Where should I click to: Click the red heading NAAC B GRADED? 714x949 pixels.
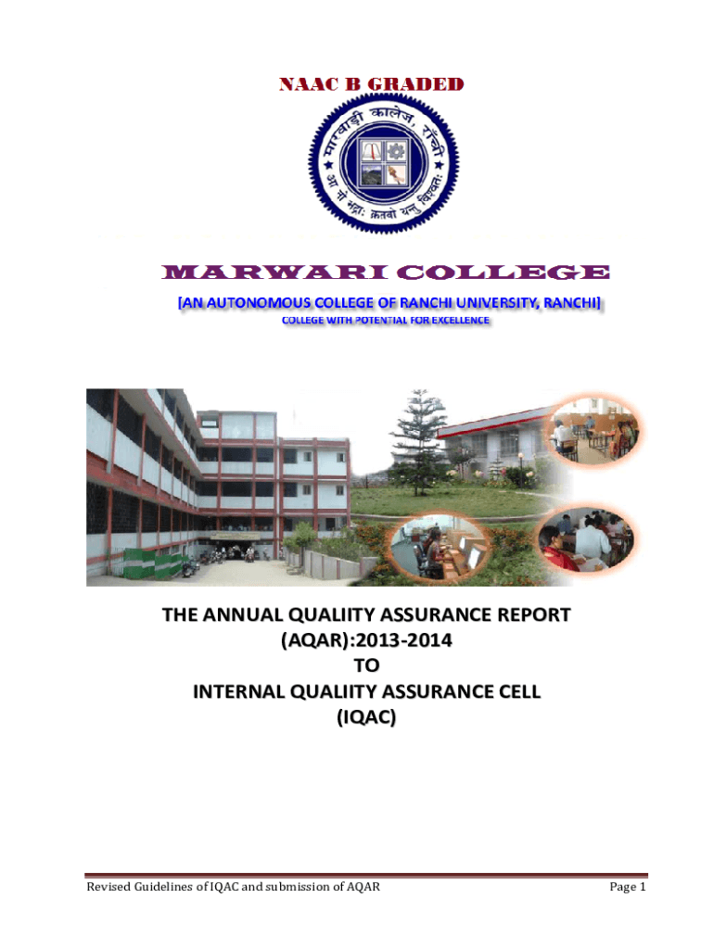coord(371,84)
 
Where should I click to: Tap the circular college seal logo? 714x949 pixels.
coord(383,163)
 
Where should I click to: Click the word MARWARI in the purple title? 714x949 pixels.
coord(275,272)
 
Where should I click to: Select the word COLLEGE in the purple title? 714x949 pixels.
coord(503,272)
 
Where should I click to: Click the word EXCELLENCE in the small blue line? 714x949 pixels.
coord(460,320)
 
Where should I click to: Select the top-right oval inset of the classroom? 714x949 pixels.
coord(594,431)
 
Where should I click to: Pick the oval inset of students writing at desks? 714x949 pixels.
coord(586,539)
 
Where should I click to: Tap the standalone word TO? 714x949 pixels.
coord(366,665)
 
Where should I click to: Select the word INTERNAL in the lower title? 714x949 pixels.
coord(238,691)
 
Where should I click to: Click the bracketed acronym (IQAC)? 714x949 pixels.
coord(366,717)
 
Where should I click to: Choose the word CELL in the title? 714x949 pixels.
coord(518,691)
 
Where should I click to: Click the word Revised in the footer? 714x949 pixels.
coord(108,887)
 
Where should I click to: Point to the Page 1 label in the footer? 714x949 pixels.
coord(628,887)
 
